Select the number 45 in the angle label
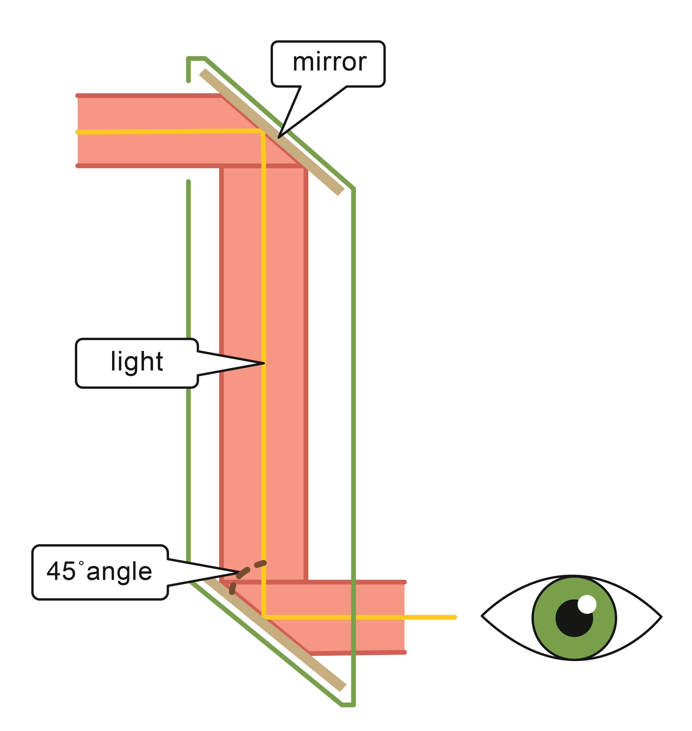click(61, 571)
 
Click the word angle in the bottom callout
click(119, 572)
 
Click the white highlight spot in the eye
click(586, 604)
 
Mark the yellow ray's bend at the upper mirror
click(262, 132)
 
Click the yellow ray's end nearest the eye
click(455, 617)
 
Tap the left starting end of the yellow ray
click(78, 132)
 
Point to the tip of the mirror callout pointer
click(279, 137)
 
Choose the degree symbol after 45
click(81, 563)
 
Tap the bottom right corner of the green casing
click(353, 705)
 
